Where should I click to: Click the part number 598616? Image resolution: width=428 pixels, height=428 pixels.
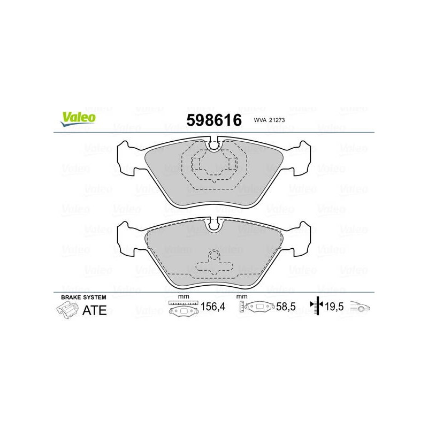pyautogui.click(x=214, y=120)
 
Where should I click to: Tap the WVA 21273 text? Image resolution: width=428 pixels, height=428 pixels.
pyautogui.click(x=269, y=120)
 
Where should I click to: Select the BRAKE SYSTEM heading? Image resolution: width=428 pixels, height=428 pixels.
pyautogui.click(x=83, y=297)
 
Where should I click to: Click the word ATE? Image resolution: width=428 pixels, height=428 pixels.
pyautogui.click(x=95, y=310)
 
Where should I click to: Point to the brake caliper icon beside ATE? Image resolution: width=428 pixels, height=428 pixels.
pyautogui.click(x=67, y=311)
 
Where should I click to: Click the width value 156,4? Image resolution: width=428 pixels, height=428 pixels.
pyautogui.click(x=213, y=307)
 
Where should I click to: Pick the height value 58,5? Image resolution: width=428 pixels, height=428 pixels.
pyautogui.click(x=286, y=307)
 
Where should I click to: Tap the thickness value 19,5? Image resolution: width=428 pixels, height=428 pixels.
pyautogui.click(x=334, y=307)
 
